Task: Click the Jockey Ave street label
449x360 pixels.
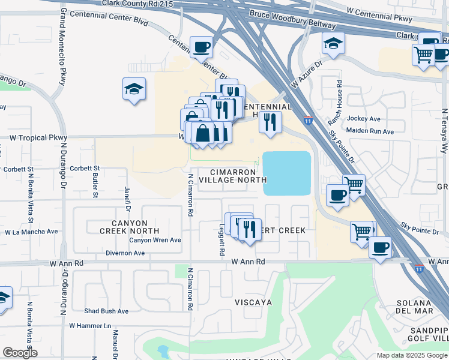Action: tap(364, 119)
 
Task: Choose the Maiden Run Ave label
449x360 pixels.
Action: tap(370, 131)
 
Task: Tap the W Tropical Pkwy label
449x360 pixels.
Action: tap(37, 137)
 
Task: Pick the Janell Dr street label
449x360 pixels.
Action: tap(127, 200)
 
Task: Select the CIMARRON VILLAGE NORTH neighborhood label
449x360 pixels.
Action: tap(232, 175)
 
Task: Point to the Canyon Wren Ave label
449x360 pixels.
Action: tap(155, 240)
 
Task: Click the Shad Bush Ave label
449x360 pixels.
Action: tap(106, 311)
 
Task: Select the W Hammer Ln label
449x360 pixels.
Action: tap(90, 326)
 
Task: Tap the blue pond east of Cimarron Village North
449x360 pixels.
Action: tap(287, 173)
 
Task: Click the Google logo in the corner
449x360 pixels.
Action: tap(20, 353)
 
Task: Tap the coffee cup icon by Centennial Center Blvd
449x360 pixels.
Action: tap(201, 46)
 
